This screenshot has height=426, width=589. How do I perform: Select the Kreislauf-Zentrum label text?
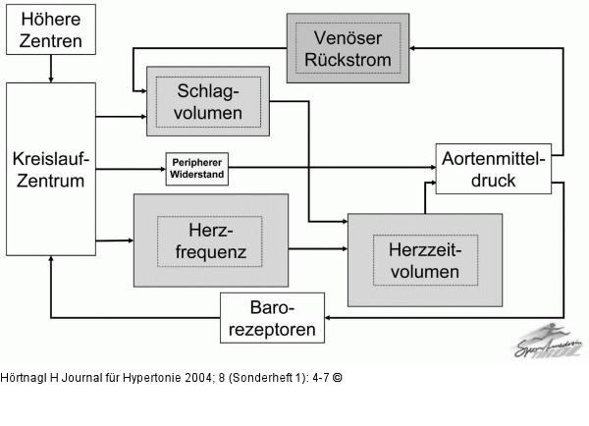(50, 169)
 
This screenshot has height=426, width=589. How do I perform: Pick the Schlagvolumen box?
(208, 101)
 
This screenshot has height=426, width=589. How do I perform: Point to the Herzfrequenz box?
(210, 240)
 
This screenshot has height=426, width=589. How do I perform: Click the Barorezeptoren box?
(272, 318)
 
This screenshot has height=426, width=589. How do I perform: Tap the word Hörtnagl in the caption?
(22, 378)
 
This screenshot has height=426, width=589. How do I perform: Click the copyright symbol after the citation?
(338, 378)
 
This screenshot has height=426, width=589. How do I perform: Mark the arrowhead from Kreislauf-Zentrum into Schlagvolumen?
(140, 117)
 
